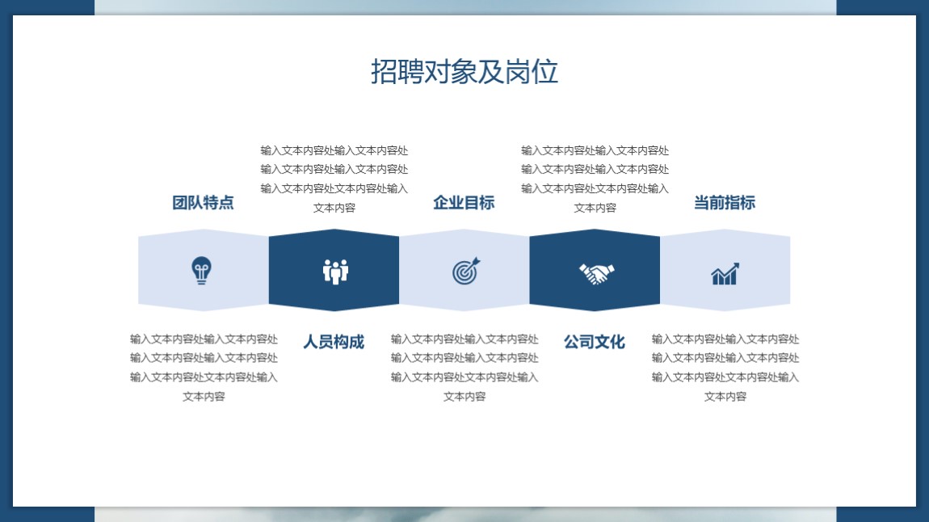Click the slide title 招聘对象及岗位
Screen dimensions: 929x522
pos(464,72)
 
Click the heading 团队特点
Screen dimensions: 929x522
pos(204,203)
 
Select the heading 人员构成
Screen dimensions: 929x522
pos(334,342)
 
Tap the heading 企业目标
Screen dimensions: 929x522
pos(464,203)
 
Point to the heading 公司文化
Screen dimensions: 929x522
pos(595,342)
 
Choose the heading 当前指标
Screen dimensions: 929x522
pos(725,203)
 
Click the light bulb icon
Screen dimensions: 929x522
pos(201,270)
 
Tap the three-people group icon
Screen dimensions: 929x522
pos(335,272)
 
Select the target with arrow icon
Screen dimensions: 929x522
pos(466,271)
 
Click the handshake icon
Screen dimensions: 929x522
pos(597,273)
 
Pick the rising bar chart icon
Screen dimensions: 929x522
pos(725,274)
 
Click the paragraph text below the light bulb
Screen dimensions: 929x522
pos(204,368)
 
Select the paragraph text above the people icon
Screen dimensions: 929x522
pos(334,179)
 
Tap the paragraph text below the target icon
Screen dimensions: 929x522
pos(464,368)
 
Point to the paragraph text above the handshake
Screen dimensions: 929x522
pos(595,179)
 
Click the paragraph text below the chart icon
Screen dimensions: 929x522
pos(725,368)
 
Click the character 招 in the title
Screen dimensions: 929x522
pos(384,72)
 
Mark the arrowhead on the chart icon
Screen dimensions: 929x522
pos(735,266)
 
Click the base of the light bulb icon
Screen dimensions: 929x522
pos(201,281)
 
